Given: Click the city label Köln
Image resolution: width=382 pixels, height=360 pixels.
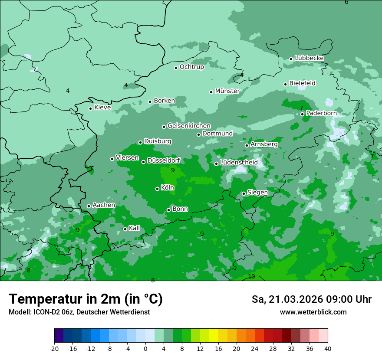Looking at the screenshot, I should tap(167, 188).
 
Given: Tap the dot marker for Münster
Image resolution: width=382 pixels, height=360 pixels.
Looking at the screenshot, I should tap(211, 92).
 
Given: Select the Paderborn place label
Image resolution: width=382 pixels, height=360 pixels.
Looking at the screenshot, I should tap(321, 113).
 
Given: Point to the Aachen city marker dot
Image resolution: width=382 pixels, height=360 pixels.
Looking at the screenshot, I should tap(89, 206).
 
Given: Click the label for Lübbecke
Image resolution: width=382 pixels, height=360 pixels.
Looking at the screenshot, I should tap(309, 58).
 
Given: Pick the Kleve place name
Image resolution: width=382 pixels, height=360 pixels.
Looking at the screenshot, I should tap(102, 108).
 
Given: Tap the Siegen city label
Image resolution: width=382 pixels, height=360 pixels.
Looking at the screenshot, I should tap(257, 193).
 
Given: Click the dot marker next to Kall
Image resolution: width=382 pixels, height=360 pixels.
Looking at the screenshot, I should tap(125, 229).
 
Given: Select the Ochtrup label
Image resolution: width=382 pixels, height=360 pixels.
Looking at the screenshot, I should tap(191, 67).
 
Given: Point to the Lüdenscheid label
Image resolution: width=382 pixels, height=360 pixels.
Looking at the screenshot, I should tap(239, 163).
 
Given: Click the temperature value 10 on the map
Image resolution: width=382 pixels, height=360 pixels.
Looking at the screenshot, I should tap(251, 276).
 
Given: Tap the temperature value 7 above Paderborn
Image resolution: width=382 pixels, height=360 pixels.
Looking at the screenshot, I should tap(301, 108).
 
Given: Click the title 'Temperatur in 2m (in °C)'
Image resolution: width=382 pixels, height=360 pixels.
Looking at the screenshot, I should tap(86, 299).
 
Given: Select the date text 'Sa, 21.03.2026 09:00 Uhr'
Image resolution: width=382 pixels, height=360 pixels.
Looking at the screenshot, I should tap(311, 299).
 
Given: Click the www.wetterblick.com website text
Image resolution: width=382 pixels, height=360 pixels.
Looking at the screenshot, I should tap(313, 312).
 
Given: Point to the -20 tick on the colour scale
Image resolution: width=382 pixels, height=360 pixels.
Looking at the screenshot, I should tap(54, 348).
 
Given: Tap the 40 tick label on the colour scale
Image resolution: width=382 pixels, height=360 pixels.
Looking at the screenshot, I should tap(327, 348).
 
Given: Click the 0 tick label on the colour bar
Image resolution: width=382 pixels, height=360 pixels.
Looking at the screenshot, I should tap(145, 348).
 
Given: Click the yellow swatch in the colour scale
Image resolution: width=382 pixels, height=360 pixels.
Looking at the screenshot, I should tap(214, 336).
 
